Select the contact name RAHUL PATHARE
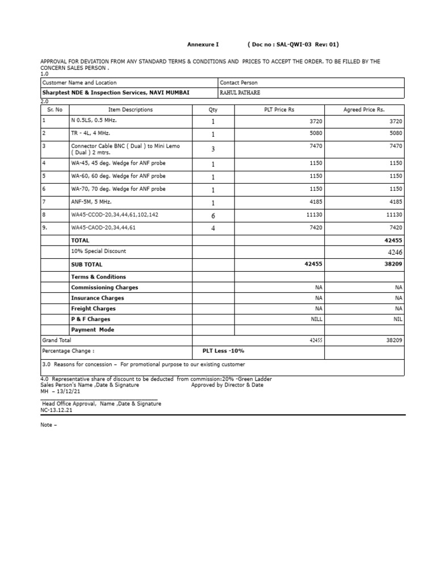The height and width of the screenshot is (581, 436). tap(243, 93)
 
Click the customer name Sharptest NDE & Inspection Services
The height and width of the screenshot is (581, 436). tap(116, 93)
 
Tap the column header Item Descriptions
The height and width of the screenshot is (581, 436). tap(131, 110)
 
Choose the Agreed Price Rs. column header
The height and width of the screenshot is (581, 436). tap(364, 110)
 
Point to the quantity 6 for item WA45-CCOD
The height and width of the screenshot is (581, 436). tap(213, 216)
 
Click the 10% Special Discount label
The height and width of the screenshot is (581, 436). tap(98, 251)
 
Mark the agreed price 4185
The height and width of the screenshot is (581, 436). tap(396, 202)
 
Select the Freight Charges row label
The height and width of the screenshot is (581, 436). tap(93, 309)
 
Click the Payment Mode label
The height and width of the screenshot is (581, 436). tap(92, 330)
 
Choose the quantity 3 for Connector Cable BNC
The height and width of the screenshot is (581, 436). tap(213, 149)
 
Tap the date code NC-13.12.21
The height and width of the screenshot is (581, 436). tap(56, 410)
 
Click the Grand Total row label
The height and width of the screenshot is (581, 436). tap(57, 340)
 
